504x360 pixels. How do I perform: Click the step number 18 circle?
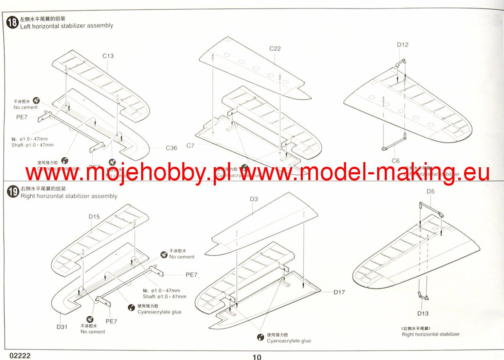[x=13, y=22]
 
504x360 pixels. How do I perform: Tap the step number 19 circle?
[x=13, y=192]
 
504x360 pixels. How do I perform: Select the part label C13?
[x=108, y=56]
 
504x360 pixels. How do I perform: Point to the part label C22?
[x=275, y=48]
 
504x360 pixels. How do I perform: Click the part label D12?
[x=402, y=45]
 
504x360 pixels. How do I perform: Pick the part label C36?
[x=171, y=148]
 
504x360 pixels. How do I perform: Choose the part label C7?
[x=190, y=145]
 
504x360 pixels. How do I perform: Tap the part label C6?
[x=396, y=161]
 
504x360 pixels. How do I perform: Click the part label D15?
[x=94, y=217]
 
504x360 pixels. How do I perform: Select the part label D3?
[x=253, y=199]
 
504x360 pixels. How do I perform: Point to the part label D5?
[x=430, y=192]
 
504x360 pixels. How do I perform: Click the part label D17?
[x=339, y=292]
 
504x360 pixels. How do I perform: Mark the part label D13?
[x=423, y=313]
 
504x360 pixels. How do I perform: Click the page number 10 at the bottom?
[x=257, y=357]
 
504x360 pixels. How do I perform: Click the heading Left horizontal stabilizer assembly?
[x=67, y=26]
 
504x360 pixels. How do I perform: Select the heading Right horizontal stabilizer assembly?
[x=69, y=196]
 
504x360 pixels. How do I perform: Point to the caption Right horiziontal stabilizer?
[x=430, y=334]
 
